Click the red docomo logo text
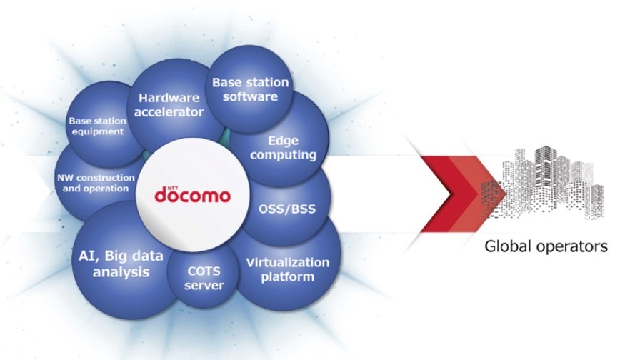point(192,195)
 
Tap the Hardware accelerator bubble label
point(169,105)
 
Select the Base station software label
point(250,89)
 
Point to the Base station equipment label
point(98,126)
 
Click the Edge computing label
point(284,148)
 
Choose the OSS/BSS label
point(287,209)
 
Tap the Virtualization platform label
point(288,269)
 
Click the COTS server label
point(204,278)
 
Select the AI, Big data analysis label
point(121,264)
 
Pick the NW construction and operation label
point(96,184)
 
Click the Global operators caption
point(546,246)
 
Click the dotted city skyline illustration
point(543,181)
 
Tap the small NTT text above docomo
point(173,188)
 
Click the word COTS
point(204,271)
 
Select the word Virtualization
point(288,262)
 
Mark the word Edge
point(284,141)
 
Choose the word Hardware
point(169,98)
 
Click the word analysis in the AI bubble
point(121,272)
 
